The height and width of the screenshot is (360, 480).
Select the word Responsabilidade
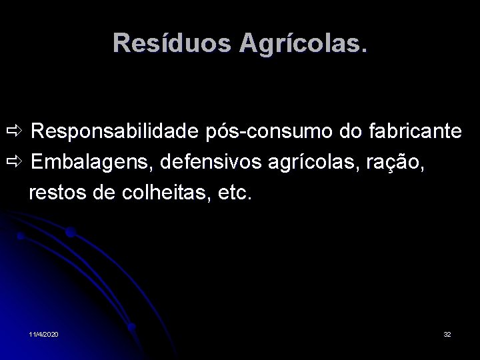pos(114,131)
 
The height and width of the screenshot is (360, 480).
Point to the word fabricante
pos(414,131)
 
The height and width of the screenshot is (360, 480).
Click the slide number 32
pos(447,333)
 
